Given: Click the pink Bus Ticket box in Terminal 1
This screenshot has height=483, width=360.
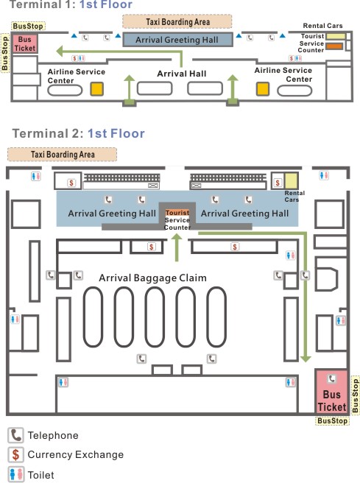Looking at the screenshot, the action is point(25,43).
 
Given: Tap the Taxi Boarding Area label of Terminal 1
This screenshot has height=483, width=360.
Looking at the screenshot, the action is point(177,22).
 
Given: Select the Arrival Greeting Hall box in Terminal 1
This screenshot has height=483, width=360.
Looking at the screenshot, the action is point(177,40).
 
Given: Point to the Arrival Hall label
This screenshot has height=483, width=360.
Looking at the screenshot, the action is point(182,74).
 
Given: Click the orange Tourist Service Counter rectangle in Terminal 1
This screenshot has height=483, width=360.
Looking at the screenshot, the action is point(334,46).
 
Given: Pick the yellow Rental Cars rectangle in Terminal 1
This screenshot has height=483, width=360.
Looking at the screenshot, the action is point(336,36).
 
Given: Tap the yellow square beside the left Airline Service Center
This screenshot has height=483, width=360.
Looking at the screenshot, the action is point(96,88).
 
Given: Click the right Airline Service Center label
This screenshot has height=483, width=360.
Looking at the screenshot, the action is point(283,75).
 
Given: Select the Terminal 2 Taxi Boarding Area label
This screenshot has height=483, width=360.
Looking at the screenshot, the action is point(62,155).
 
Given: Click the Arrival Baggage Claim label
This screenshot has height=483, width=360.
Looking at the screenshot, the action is point(152,278).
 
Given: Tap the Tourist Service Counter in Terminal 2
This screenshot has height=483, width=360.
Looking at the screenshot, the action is point(177,220).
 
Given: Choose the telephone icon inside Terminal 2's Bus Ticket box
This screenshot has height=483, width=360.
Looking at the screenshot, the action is point(332,378).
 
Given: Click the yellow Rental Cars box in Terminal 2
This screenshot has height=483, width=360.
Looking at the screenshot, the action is point(291,180).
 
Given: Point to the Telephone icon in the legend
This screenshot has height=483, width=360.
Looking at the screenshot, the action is point(15,435).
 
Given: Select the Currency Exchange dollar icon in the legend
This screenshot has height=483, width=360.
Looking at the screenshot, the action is point(15,455).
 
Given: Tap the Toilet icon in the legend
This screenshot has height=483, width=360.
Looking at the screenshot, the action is point(15,474).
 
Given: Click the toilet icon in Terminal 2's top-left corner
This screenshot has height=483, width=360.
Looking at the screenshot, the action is point(36,176).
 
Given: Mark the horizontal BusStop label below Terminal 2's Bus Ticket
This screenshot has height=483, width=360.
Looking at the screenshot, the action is point(332,420).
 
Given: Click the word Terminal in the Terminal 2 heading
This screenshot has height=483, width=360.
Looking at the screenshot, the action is point(40,134).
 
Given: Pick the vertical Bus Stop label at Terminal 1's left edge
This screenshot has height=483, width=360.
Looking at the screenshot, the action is point(5,53).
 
